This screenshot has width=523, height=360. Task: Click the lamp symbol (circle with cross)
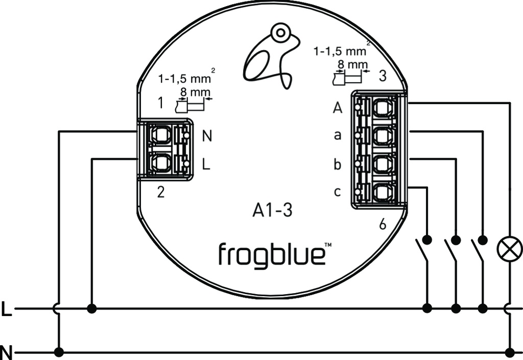pyautogui.click(x=510, y=248)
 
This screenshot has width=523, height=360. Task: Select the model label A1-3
pyautogui.click(x=273, y=210)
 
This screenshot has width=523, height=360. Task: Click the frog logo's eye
pyautogui.click(x=279, y=34)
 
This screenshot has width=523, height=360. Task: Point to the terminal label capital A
pyautogui.click(x=338, y=108)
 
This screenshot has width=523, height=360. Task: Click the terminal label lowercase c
pyautogui.click(x=337, y=192)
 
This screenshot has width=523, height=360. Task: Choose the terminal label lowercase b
pyautogui.click(x=337, y=164)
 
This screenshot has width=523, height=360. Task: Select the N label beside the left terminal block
pyautogui.click(x=207, y=136)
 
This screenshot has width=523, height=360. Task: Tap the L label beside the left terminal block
pyautogui.click(x=206, y=164)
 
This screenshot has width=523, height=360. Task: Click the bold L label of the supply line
pyautogui.click(x=6, y=309)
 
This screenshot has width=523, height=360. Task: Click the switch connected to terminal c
pyautogui.click(x=423, y=250)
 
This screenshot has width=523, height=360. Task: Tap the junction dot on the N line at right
pyautogui.click(x=510, y=352)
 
